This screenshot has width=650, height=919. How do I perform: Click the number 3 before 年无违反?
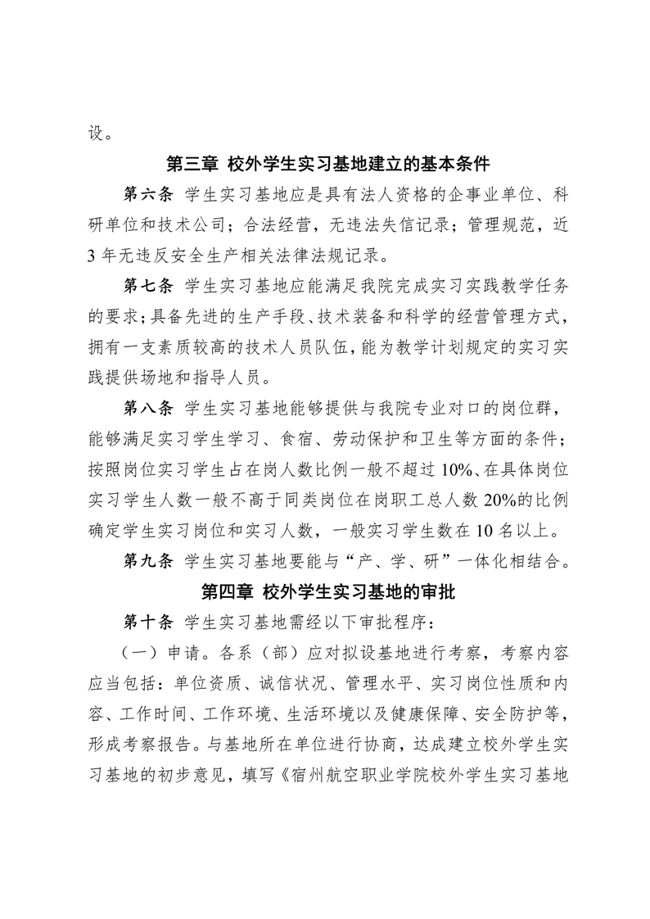[x=92, y=256]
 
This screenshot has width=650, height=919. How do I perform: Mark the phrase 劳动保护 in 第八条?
[x=380, y=438]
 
